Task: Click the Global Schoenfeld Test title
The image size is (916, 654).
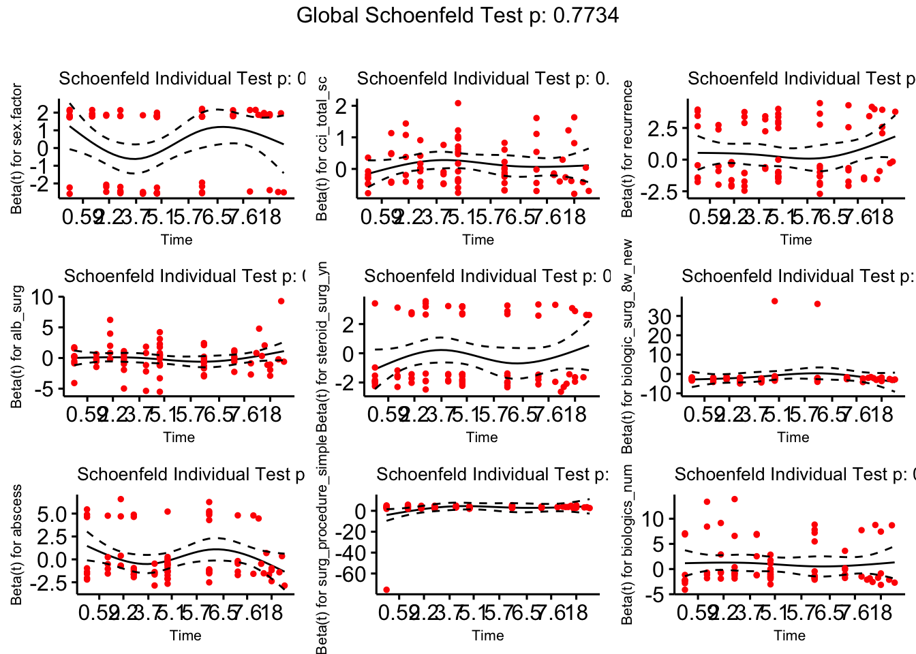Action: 457,16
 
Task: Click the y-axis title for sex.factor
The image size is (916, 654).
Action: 17,149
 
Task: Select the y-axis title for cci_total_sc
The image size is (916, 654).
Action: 322,149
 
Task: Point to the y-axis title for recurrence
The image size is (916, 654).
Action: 627,149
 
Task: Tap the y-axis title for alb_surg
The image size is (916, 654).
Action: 17,347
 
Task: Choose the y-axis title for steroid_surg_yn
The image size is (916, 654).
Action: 322,347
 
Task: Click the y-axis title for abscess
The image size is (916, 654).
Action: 17,544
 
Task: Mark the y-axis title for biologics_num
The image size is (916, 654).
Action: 627,544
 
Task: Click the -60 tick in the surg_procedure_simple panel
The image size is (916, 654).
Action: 352,575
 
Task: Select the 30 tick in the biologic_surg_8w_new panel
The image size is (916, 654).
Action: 658,316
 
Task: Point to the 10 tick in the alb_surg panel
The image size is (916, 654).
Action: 42,297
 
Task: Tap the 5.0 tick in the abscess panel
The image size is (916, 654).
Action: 52,514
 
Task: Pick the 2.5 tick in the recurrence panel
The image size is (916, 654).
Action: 664,128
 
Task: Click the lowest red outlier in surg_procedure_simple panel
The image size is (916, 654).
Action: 386,590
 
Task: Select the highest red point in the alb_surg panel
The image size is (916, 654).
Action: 281,301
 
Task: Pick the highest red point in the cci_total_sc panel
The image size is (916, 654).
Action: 458,104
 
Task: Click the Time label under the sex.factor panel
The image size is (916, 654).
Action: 177,240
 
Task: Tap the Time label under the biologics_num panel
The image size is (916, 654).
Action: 789,636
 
